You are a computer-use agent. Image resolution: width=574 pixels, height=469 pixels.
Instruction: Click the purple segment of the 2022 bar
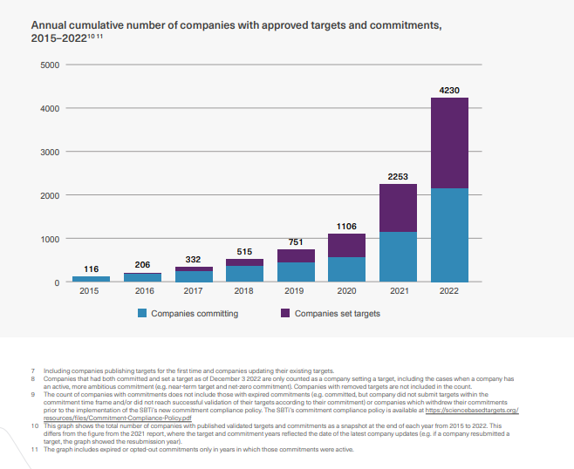pyautogui.click(x=449, y=143)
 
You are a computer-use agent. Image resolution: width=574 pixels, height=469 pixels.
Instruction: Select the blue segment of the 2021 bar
pyautogui.click(x=398, y=257)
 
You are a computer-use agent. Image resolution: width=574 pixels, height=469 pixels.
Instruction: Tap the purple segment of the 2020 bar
pyautogui.click(x=346, y=245)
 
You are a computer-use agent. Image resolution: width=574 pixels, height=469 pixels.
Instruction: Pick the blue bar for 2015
pyautogui.click(x=91, y=279)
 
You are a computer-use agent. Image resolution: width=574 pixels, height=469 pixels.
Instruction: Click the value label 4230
pyautogui.click(x=449, y=90)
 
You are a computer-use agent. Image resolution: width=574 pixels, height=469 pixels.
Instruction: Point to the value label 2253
pyautogui.click(x=398, y=176)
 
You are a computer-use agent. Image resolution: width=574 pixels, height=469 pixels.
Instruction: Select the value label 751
pyautogui.click(x=296, y=241)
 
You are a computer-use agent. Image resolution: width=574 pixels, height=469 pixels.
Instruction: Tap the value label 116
pyautogui.click(x=91, y=268)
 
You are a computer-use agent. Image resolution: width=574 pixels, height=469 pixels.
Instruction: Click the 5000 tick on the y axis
pyautogui.click(x=50, y=65)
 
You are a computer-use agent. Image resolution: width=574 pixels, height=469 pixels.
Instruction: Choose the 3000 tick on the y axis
pyautogui.click(x=50, y=153)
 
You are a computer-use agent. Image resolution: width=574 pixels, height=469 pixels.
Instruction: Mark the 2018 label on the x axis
pyautogui.click(x=244, y=291)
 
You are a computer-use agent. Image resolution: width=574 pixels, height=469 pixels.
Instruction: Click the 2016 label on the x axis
pyautogui.click(x=142, y=291)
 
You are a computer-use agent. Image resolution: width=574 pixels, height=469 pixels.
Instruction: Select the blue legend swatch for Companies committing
pyautogui.click(x=142, y=313)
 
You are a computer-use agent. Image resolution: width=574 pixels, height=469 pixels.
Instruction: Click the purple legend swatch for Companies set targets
pyautogui.click(x=285, y=313)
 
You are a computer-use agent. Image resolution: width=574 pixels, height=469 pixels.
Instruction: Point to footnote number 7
pyautogui.click(x=32, y=372)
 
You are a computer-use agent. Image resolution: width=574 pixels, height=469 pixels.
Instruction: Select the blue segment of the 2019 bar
pyautogui.click(x=296, y=272)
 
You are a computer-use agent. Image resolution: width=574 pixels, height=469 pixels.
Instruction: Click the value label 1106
pyautogui.click(x=346, y=226)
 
